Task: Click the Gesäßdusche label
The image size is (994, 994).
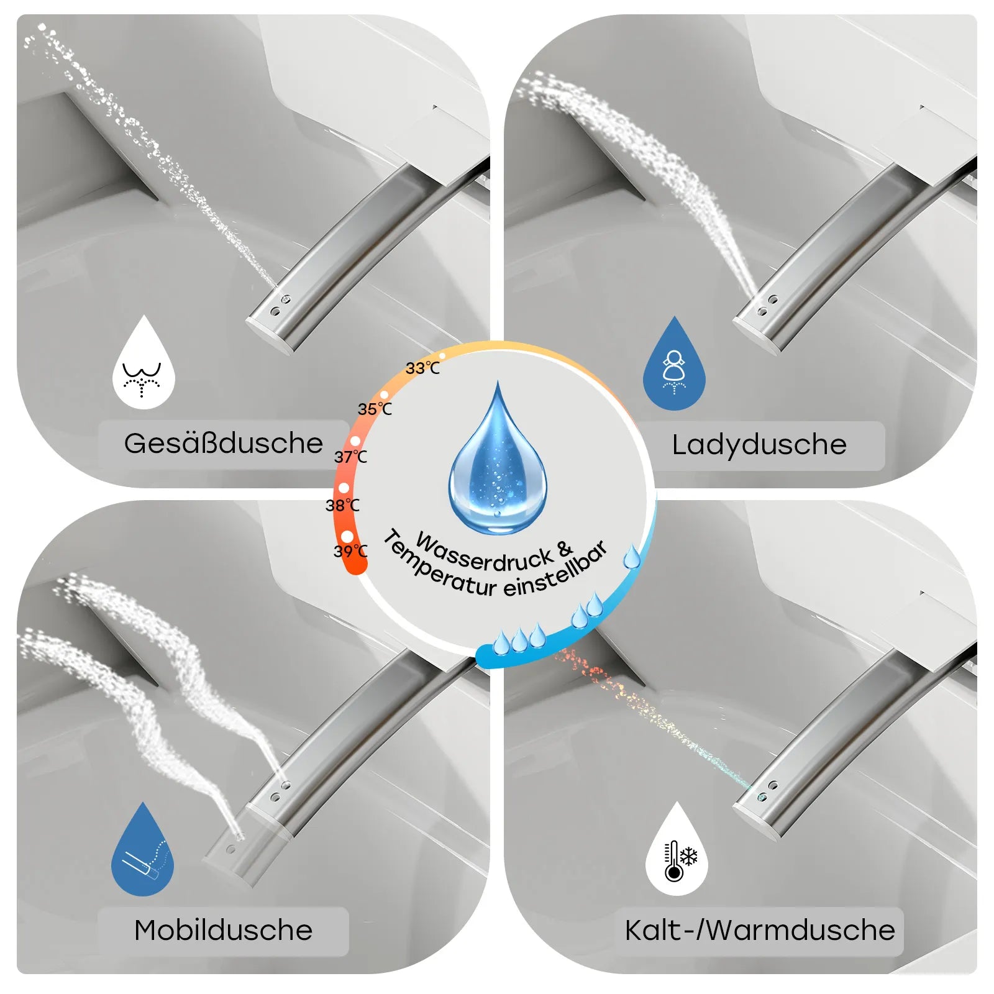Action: (x=224, y=444)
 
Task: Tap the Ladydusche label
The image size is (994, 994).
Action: (x=759, y=445)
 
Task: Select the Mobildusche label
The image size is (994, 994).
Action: (x=224, y=930)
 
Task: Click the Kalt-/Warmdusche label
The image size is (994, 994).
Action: (x=760, y=930)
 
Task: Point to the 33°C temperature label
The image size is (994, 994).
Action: (x=423, y=368)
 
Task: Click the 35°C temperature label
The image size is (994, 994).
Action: (x=375, y=409)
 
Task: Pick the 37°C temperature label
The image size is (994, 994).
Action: (x=350, y=457)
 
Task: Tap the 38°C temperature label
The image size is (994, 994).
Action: (x=342, y=505)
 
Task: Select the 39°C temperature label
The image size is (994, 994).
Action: (x=350, y=551)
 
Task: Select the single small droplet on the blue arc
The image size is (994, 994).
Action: (x=632, y=557)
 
